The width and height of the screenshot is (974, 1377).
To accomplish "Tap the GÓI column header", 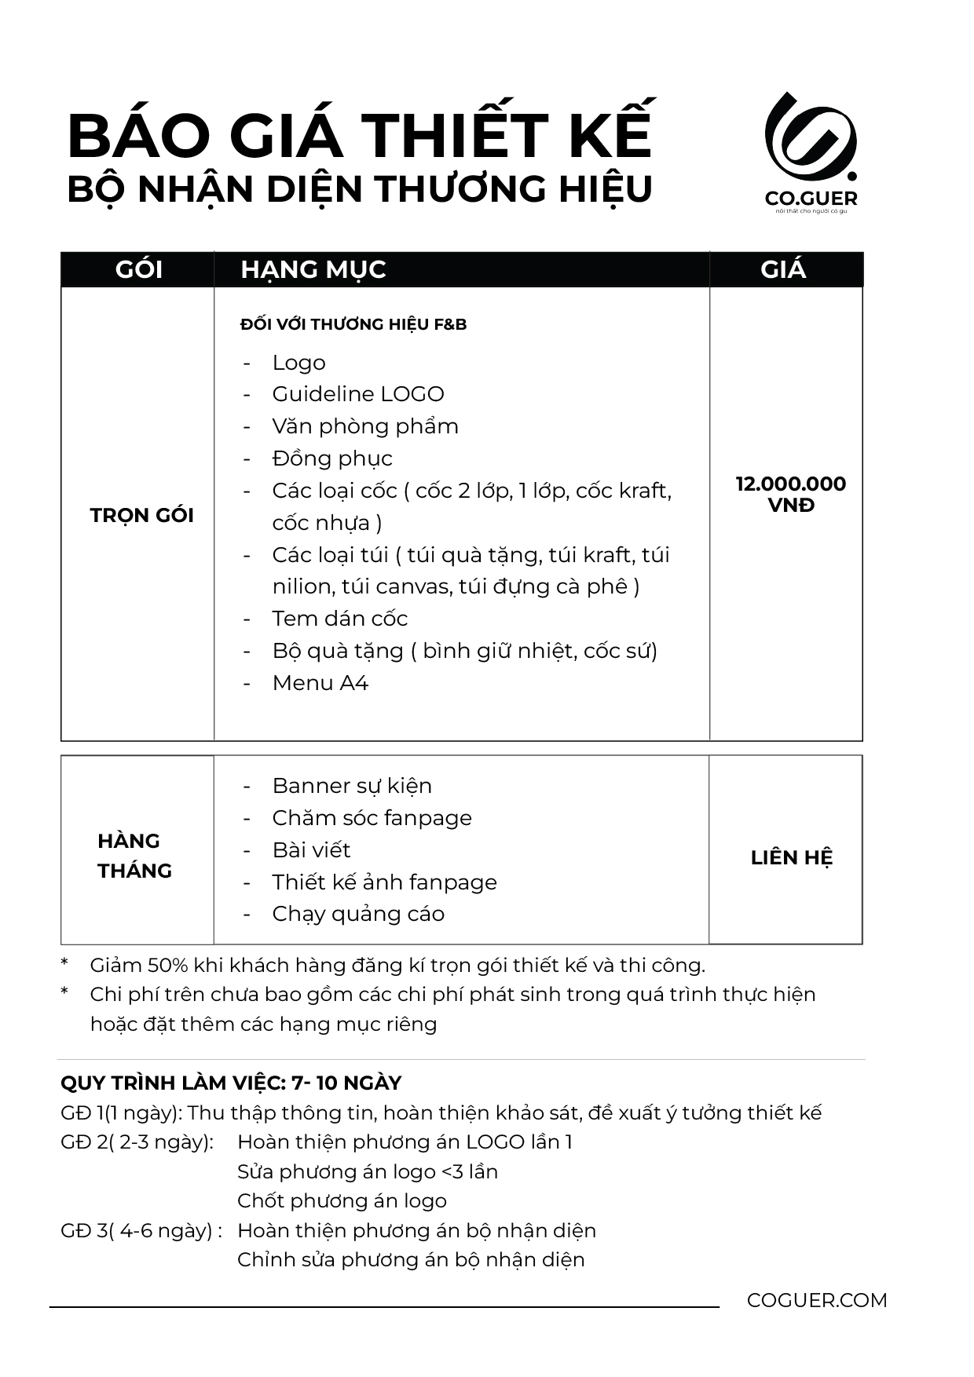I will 138,270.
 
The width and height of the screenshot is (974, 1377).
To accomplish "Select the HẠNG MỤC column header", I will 313,270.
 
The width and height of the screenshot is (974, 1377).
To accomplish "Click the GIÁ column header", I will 783,270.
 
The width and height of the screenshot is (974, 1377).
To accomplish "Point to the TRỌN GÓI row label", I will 141,516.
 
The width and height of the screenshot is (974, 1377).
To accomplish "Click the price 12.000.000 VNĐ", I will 790,494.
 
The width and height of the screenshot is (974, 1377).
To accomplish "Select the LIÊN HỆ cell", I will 791,857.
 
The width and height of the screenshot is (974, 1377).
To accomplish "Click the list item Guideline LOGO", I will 357,394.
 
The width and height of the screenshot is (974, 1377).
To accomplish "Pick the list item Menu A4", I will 320,683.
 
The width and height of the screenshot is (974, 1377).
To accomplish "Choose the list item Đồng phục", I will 331,458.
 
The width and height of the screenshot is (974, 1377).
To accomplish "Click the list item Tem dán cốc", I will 339,619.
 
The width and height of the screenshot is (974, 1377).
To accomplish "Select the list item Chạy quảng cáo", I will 357,914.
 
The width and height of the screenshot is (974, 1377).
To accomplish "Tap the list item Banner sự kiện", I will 351,786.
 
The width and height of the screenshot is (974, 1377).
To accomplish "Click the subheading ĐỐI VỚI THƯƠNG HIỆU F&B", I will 353,324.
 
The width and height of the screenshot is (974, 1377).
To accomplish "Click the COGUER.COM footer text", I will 817,1300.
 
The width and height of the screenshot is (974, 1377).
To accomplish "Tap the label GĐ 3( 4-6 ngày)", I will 136,1230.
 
